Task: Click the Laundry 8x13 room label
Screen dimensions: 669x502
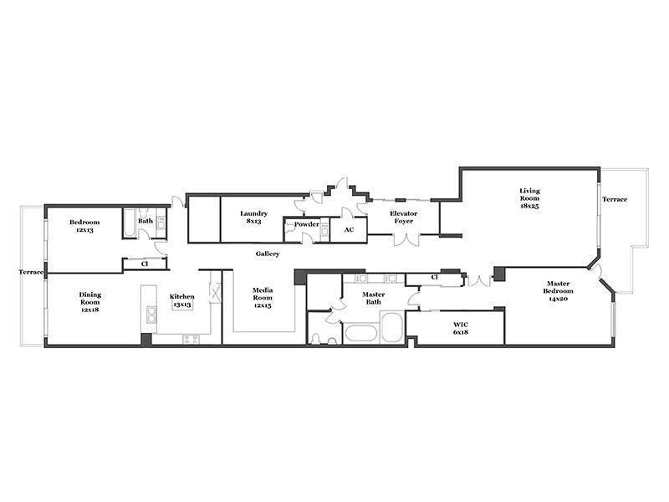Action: (x=253, y=218)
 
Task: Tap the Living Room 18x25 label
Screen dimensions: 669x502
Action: (x=529, y=198)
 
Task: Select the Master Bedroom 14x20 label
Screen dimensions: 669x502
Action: (x=558, y=290)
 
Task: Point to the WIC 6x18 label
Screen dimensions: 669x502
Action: (x=461, y=328)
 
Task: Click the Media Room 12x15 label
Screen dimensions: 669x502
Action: (x=263, y=298)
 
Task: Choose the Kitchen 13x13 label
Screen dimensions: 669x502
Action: (x=181, y=300)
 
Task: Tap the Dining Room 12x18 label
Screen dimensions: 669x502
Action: (x=90, y=302)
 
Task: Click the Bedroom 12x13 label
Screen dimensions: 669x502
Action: (x=84, y=226)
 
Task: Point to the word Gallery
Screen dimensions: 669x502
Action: (x=268, y=254)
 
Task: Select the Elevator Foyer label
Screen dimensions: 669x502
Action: (x=404, y=217)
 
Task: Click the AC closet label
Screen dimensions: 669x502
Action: (x=349, y=229)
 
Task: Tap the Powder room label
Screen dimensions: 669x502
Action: (x=306, y=224)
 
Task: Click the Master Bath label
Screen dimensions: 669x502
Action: (x=373, y=298)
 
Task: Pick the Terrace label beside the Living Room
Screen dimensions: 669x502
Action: (x=615, y=199)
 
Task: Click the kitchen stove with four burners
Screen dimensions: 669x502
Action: (x=191, y=340)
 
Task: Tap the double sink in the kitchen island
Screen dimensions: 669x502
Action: (x=151, y=315)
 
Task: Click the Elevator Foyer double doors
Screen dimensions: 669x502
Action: (x=406, y=240)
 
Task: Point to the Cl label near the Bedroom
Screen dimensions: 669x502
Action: (x=144, y=264)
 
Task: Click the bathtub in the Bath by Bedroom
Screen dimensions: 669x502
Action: (x=130, y=223)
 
